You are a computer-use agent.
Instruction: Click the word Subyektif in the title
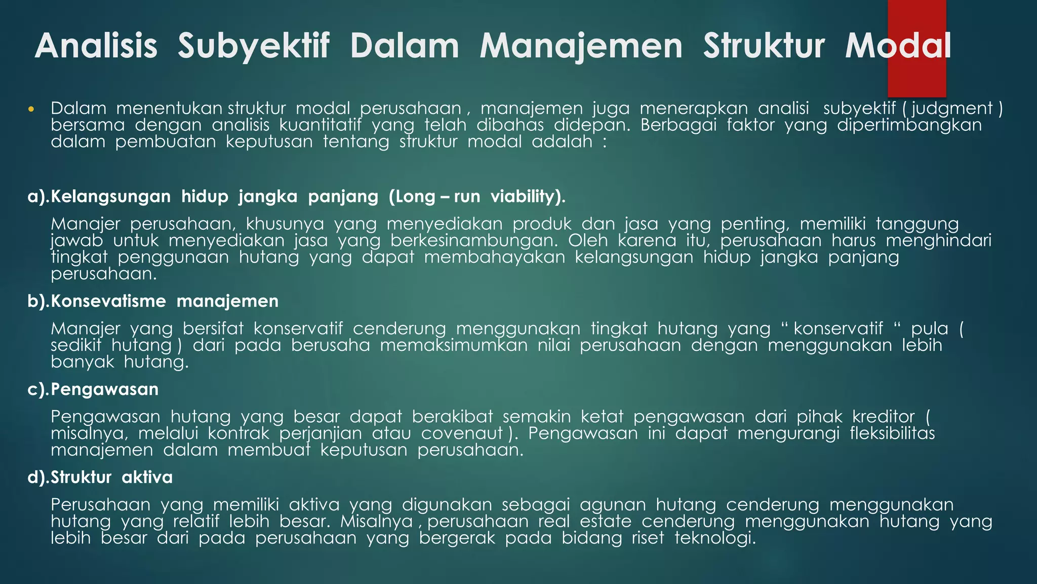point(253,46)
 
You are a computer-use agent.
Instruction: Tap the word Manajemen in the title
point(581,46)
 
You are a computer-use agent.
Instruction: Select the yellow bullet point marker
point(31,109)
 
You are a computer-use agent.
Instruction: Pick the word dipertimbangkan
point(909,125)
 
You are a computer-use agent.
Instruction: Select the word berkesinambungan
point(474,240)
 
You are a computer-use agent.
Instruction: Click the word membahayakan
point(494,257)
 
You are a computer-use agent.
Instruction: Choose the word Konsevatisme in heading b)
point(108,301)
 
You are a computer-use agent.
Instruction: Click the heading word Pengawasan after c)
point(105,389)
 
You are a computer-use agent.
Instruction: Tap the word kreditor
point(883,417)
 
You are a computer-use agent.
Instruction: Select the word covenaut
point(462,433)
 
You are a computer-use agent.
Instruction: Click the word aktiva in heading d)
point(147,478)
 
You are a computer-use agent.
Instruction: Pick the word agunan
point(613,505)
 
